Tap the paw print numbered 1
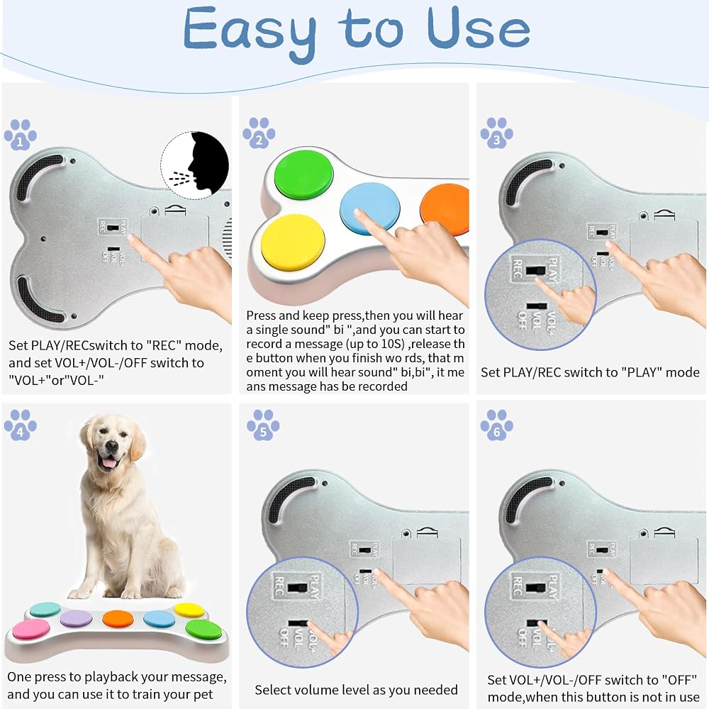click(x=21, y=134)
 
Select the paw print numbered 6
click(x=497, y=425)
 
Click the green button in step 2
click(x=304, y=174)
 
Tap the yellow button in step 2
click(x=293, y=242)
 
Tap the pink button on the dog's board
click(x=31, y=629)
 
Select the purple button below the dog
click(x=76, y=618)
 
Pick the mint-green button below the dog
click(x=45, y=609)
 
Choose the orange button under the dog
click(x=118, y=618)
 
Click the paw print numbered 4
click(x=21, y=425)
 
